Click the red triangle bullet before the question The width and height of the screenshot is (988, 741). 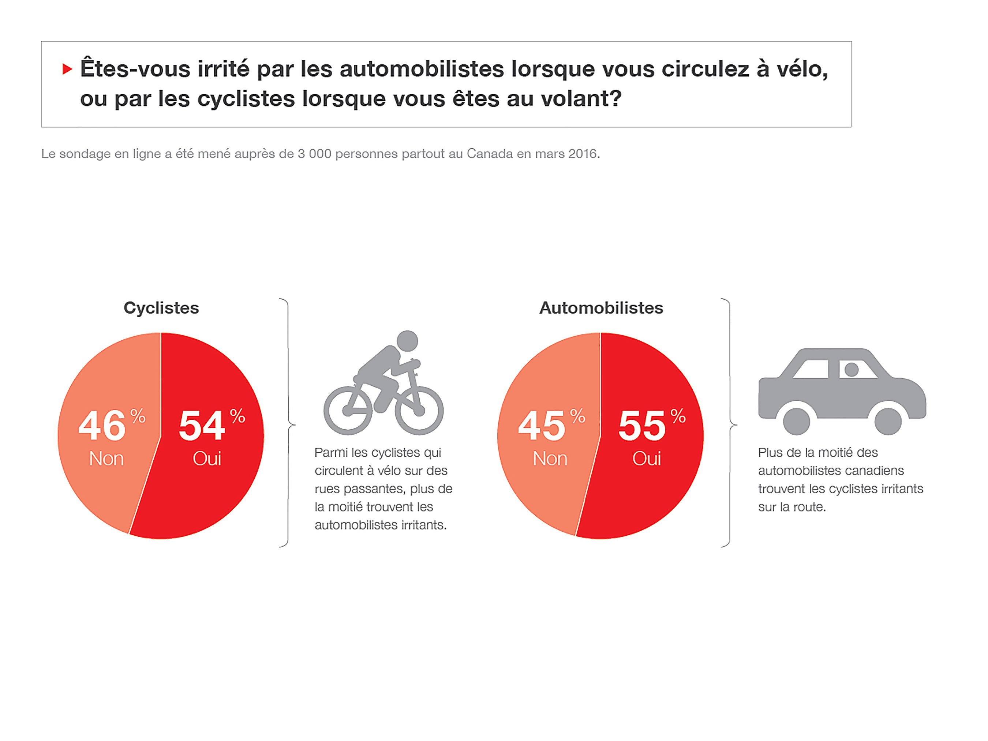tap(67, 69)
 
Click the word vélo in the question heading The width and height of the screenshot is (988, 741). tap(802, 69)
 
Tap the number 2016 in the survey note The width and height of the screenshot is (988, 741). tap(583, 154)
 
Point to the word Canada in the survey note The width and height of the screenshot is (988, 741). tap(490, 154)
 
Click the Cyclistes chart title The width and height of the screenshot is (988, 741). tap(161, 308)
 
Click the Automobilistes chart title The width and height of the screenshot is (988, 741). tap(601, 308)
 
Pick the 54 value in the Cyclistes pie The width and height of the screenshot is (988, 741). tap(202, 426)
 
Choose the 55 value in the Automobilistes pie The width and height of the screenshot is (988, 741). tap(642, 426)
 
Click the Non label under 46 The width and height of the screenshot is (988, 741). tap(106, 459)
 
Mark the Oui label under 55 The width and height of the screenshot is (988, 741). tap(647, 459)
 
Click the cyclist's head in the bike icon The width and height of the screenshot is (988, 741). tap(407, 341)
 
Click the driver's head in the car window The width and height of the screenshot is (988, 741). tap(851, 369)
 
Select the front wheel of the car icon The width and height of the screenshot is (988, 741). tap(887, 421)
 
